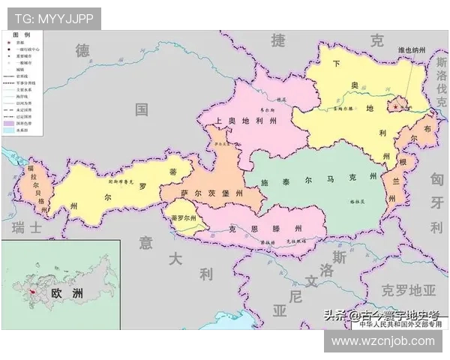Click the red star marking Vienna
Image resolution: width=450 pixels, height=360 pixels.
click(x=396, y=106)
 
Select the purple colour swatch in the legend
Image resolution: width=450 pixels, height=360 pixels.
click(x=9, y=122)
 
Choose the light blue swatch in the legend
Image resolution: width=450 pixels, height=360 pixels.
click(x=9, y=130)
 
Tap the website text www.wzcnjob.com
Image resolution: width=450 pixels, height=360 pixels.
click(x=382, y=340)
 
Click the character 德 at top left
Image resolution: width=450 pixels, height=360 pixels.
click(x=82, y=50)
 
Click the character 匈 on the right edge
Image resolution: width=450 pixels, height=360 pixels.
click(x=437, y=178)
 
